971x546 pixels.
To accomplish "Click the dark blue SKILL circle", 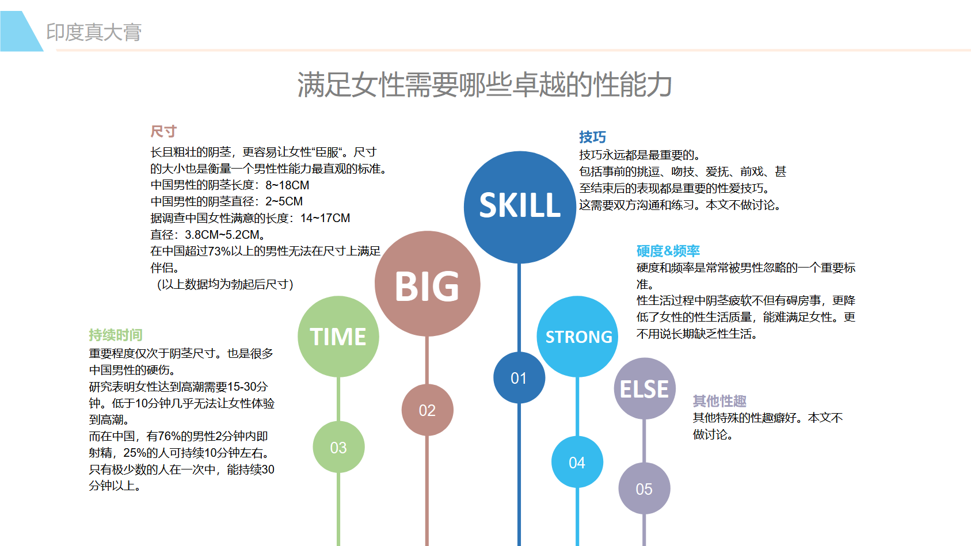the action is [x=520, y=207].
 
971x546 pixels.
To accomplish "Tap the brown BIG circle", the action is [x=428, y=284].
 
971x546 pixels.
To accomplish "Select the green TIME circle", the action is [x=338, y=337].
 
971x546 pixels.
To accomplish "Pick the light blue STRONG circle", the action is [x=577, y=337].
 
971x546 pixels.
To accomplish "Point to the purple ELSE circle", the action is [x=645, y=389].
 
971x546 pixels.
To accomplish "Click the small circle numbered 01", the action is [x=519, y=378].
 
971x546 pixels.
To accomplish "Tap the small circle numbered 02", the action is [x=428, y=410].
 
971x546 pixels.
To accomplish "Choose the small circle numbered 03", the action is [x=338, y=447].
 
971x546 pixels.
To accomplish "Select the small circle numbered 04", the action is [x=577, y=463].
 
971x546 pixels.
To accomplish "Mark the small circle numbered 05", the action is [x=644, y=489].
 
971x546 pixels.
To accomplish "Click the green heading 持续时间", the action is [x=115, y=335].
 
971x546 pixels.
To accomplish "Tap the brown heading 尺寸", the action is [x=163, y=131].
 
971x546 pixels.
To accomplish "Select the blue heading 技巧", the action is [x=592, y=137].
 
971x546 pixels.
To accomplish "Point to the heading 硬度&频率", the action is [x=668, y=251].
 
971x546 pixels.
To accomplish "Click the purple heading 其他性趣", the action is [x=719, y=401].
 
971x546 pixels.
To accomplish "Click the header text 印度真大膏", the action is [x=94, y=32].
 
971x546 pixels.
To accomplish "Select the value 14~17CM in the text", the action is [x=325, y=218].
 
